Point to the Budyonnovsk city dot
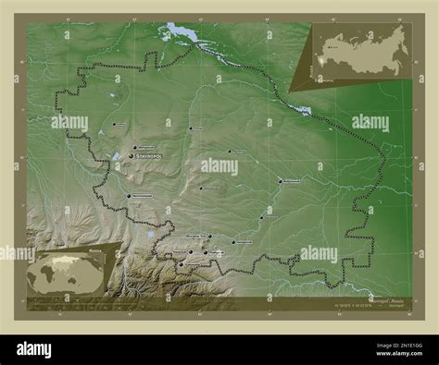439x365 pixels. [x=281, y=181]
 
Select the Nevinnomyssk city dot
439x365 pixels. [x=128, y=196]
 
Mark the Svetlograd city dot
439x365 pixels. [x=192, y=128]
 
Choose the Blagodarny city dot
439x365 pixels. [x=231, y=152]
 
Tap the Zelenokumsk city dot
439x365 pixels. [x=262, y=218]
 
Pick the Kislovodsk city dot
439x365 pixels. [x=182, y=265]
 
